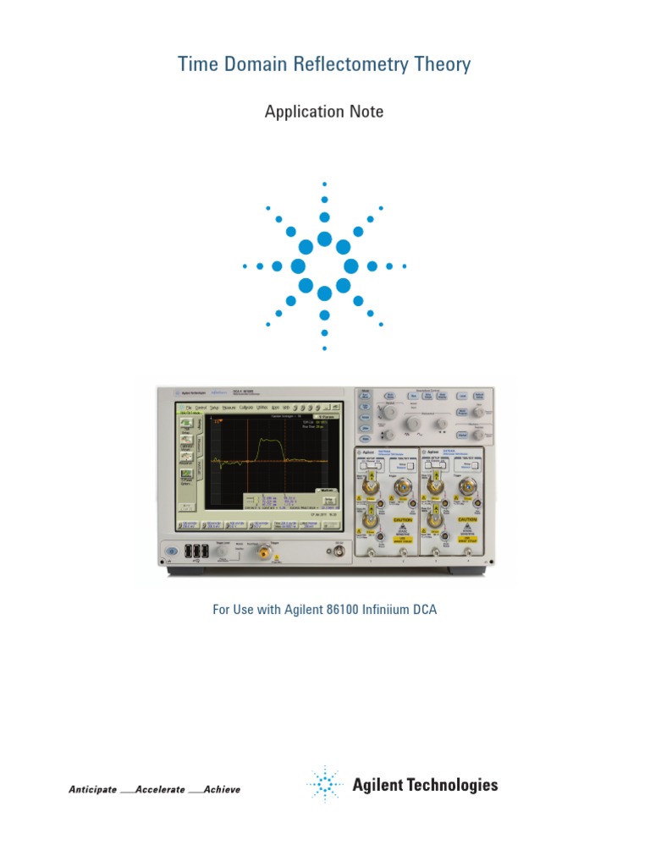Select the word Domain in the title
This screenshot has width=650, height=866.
click(256, 64)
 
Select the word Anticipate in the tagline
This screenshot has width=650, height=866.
click(92, 789)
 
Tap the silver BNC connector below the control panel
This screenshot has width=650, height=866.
click(339, 553)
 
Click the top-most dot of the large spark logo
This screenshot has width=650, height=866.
click(325, 184)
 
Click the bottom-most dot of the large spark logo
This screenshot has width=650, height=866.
click(325, 348)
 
